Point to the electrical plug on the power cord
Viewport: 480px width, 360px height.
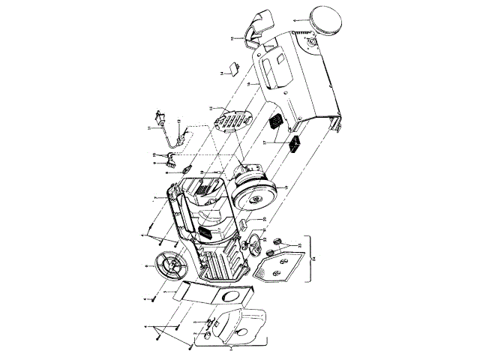(x=158, y=118)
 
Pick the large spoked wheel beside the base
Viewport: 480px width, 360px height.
(x=169, y=267)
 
